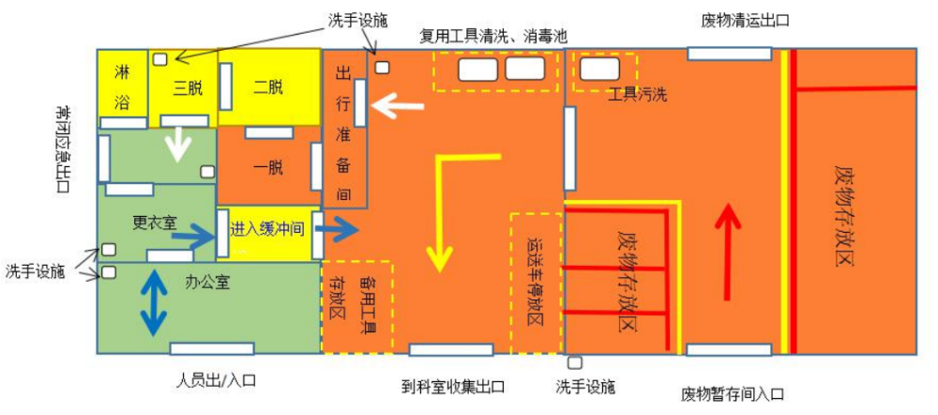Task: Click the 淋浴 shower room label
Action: pyautogui.click(x=121, y=86)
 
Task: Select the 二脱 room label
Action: pyautogui.click(x=267, y=88)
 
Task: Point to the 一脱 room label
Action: pyautogui.click(x=267, y=168)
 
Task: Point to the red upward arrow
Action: pyautogui.click(x=728, y=252)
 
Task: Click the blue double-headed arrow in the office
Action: pyautogui.click(x=154, y=303)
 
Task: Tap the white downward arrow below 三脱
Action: pyautogui.click(x=177, y=144)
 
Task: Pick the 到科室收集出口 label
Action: pyautogui.click(x=453, y=386)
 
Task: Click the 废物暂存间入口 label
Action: pyautogui.click(x=733, y=394)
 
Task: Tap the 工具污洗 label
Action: pyautogui.click(x=637, y=94)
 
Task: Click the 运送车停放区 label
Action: pyautogui.click(x=535, y=283)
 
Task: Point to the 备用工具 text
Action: pyautogui.click(x=366, y=306)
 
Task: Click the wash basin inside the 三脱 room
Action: pyautogui.click(x=160, y=59)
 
